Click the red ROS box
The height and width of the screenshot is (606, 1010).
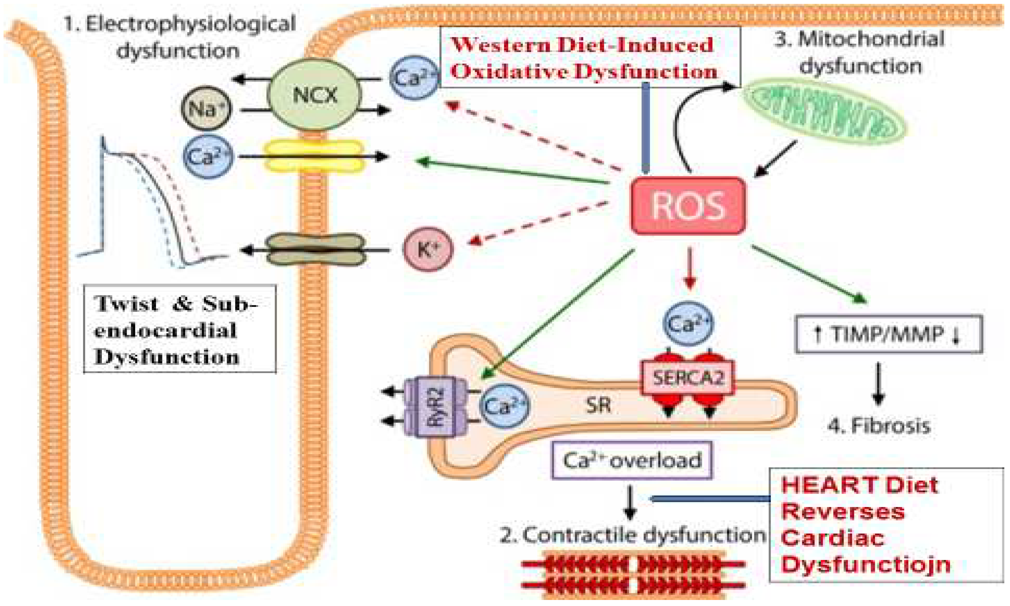(688, 206)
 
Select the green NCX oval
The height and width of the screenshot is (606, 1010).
(314, 95)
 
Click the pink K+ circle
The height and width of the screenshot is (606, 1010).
(428, 249)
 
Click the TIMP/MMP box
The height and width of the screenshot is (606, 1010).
(888, 335)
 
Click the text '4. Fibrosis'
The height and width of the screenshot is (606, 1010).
(879, 426)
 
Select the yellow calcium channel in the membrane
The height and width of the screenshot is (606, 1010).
(314, 156)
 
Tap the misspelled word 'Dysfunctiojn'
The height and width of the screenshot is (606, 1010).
(866, 565)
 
